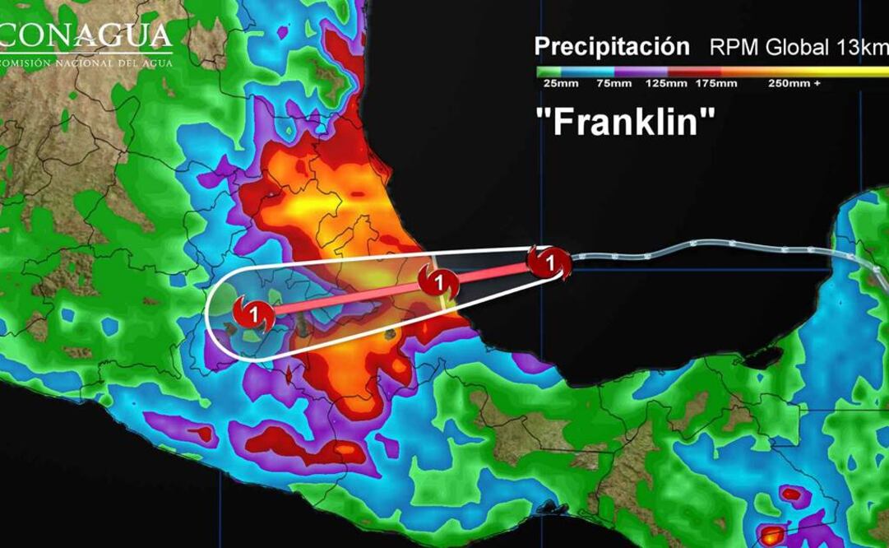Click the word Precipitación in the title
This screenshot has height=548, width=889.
pyautogui.click(x=611, y=46)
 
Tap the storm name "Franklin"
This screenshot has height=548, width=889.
pyautogui.click(x=625, y=123)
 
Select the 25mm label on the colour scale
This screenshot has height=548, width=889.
pyautogui.click(x=557, y=83)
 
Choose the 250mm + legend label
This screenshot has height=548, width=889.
pyautogui.click(x=794, y=83)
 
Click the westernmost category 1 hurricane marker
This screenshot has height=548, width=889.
pyautogui.click(x=254, y=313)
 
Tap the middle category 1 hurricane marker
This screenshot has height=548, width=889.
pyautogui.click(x=439, y=282)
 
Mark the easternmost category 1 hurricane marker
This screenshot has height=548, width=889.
pyautogui.click(x=549, y=263)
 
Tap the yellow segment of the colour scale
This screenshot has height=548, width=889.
pyautogui.click(x=855, y=71)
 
